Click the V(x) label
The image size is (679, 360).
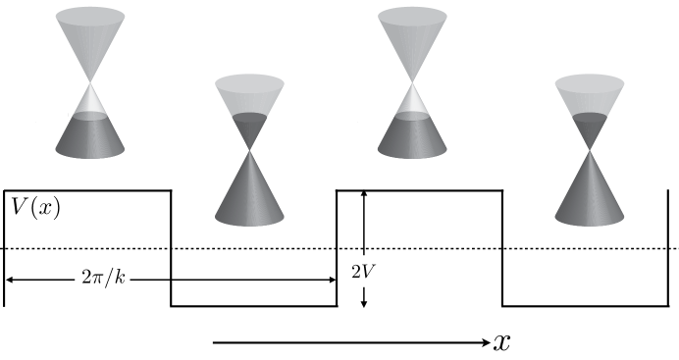point(34,207)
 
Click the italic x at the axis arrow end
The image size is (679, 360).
point(502,342)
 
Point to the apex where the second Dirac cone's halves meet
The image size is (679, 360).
point(250,149)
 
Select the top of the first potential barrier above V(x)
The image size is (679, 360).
point(88,189)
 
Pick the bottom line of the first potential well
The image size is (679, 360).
point(253,306)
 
